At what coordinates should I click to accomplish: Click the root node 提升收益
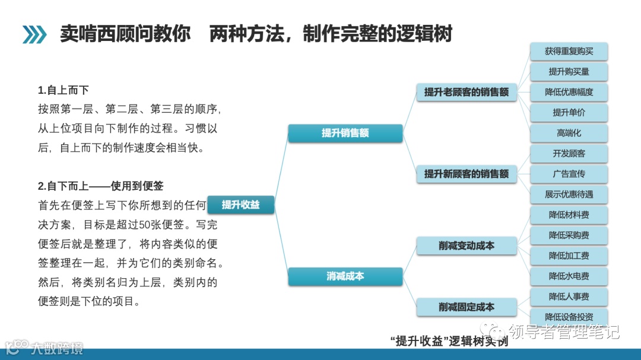point(240,205)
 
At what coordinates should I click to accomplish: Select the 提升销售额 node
point(345,133)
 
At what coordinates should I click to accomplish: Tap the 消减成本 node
point(345,276)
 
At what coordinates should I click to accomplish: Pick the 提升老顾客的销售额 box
point(466,92)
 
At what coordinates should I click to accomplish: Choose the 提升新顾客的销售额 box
point(466,174)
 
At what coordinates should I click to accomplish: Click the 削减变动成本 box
point(466,246)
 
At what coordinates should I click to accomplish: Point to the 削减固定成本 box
point(466,307)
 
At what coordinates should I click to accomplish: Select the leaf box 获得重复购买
point(569,52)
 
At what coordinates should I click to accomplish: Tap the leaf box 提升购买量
point(569,72)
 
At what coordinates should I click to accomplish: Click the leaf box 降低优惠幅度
point(569,92)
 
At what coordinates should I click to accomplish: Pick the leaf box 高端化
point(569,133)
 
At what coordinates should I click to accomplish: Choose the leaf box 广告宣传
point(569,174)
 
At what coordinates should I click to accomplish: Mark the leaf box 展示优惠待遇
point(569,194)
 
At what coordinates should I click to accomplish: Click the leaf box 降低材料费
point(569,215)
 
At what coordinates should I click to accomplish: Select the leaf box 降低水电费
point(569,276)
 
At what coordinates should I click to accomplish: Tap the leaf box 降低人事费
point(569,297)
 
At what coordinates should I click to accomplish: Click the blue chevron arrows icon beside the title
point(34,34)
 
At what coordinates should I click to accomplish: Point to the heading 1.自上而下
point(64,91)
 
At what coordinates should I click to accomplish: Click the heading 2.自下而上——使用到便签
point(100,186)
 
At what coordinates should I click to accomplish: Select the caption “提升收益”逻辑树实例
point(449,340)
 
